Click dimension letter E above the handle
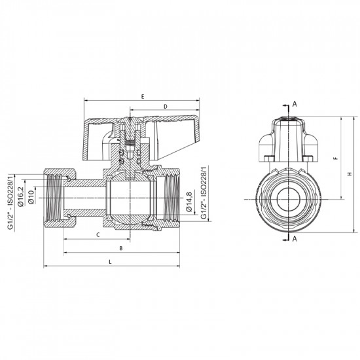pyautogui.click(x=142, y=96)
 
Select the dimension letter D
pyautogui.click(x=166, y=105)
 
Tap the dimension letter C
pyautogui.click(x=97, y=234)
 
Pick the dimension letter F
pyautogui.click(x=334, y=159)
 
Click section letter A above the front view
pyautogui.click(x=295, y=104)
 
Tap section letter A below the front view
pyautogui.click(x=295, y=239)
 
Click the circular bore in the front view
pyautogui.click(x=286, y=197)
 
